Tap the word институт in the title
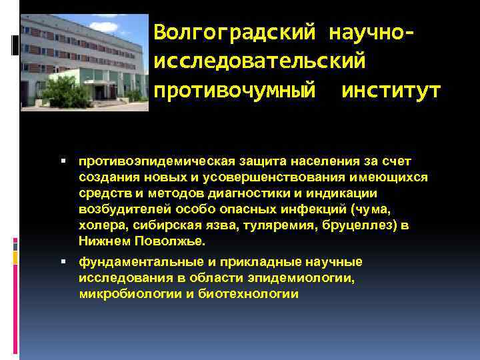pyautogui.click(x=391, y=91)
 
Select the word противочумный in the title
pyautogui.click(x=235, y=91)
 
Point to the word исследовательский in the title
pyautogui.click(x=260, y=61)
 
